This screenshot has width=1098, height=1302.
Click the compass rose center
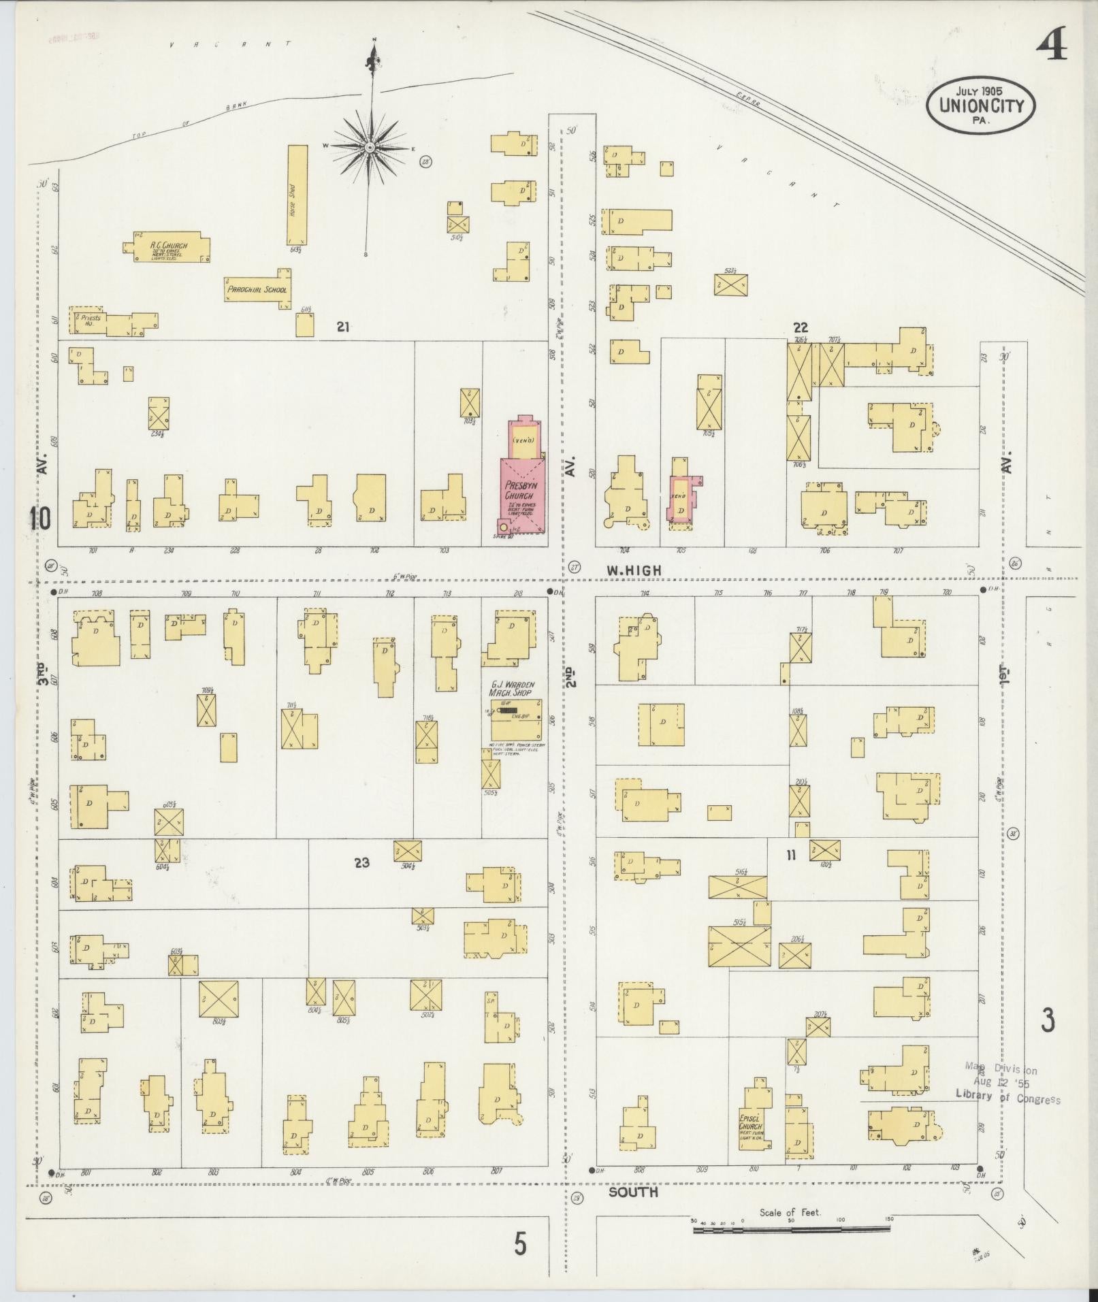[370, 147]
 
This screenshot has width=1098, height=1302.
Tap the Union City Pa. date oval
[980, 104]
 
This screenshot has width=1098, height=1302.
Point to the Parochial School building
[259, 289]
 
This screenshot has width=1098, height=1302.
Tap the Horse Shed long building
[297, 195]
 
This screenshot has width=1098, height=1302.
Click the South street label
[633, 1192]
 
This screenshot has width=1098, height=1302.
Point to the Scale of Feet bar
[792, 1229]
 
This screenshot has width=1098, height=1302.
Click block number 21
[343, 327]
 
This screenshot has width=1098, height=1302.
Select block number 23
[361, 862]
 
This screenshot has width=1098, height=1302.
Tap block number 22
[801, 327]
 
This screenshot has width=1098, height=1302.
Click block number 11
[791, 856]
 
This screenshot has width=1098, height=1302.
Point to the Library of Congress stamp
[1007, 1084]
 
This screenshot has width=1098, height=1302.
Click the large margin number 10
[39, 520]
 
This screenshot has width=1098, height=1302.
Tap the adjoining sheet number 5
[520, 1245]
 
